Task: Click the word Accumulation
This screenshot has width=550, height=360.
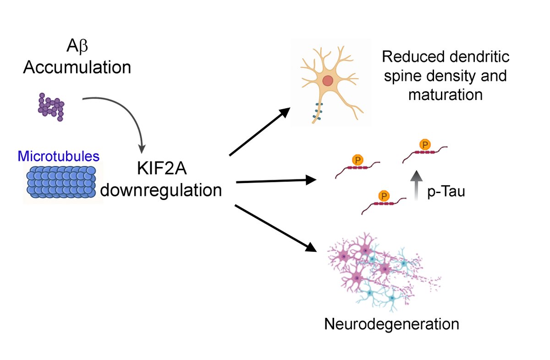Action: pyautogui.click(x=77, y=67)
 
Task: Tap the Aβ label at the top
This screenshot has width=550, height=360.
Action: pyautogui.click(x=77, y=47)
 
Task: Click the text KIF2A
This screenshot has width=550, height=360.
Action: pyautogui.click(x=160, y=169)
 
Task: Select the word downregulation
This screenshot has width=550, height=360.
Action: pyautogui.click(x=161, y=189)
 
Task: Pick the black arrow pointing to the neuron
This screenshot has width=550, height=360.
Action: pyautogui.click(x=259, y=132)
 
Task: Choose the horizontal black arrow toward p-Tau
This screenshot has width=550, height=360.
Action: pyautogui.click(x=272, y=181)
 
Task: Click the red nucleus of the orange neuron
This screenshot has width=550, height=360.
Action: pyautogui.click(x=328, y=81)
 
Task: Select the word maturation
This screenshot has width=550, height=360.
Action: pyautogui.click(x=445, y=94)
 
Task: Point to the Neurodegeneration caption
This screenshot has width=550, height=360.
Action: pyautogui.click(x=391, y=324)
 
